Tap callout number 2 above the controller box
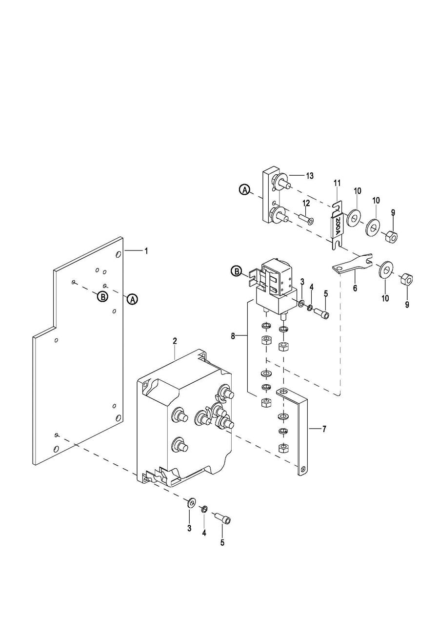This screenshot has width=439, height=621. coord(175,341)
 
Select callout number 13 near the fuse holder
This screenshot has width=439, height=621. coord(310,176)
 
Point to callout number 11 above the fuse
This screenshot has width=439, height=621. coord(337,183)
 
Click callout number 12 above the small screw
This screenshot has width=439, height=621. coord(306,203)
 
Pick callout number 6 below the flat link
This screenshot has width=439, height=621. coord(355,288)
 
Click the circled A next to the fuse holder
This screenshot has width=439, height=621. coord(245,190)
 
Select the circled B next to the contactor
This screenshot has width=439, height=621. coord(237,271)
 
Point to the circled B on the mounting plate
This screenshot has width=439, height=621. coord(102,297)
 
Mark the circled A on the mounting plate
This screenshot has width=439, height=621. coord(133,299)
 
